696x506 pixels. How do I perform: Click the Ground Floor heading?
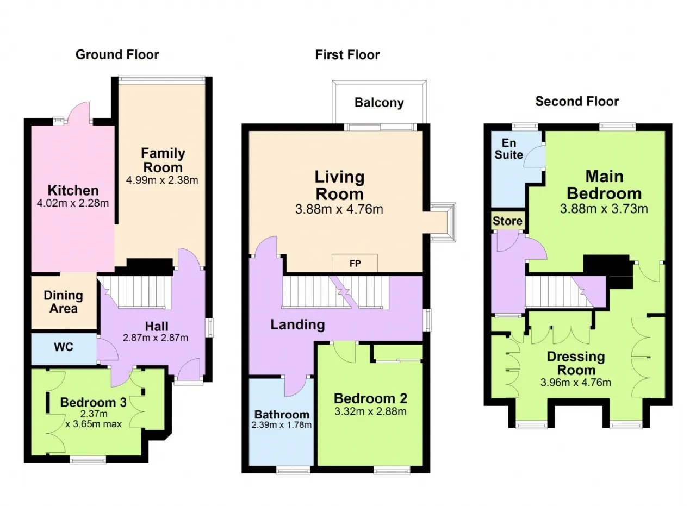click(117, 55)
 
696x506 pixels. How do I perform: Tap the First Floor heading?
click(347, 55)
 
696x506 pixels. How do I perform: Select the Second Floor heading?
click(577, 102)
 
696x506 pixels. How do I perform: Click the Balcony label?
click(379, 103)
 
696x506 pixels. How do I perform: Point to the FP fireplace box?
click(355, 264)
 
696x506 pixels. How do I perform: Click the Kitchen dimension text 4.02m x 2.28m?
click(73, 203)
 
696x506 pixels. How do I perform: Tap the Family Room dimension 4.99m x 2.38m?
click(162, 180)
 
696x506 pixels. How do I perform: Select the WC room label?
click(64, 347)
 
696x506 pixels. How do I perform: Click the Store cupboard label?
click(507, 221)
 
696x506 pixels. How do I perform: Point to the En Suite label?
click(508, 149)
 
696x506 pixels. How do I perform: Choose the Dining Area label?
click(64, 302)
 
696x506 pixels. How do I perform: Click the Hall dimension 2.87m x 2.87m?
click(156, 338)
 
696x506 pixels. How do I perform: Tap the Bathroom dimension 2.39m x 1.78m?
click(282, 425)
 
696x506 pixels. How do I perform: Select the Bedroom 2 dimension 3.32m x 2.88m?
click(370, 411)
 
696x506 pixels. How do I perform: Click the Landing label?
click(297, 325)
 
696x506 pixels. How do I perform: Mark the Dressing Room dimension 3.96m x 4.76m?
click(576, 383)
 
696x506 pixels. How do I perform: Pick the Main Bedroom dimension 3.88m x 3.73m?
click(604, 209)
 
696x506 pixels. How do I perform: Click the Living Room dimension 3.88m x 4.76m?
click(339, 209)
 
